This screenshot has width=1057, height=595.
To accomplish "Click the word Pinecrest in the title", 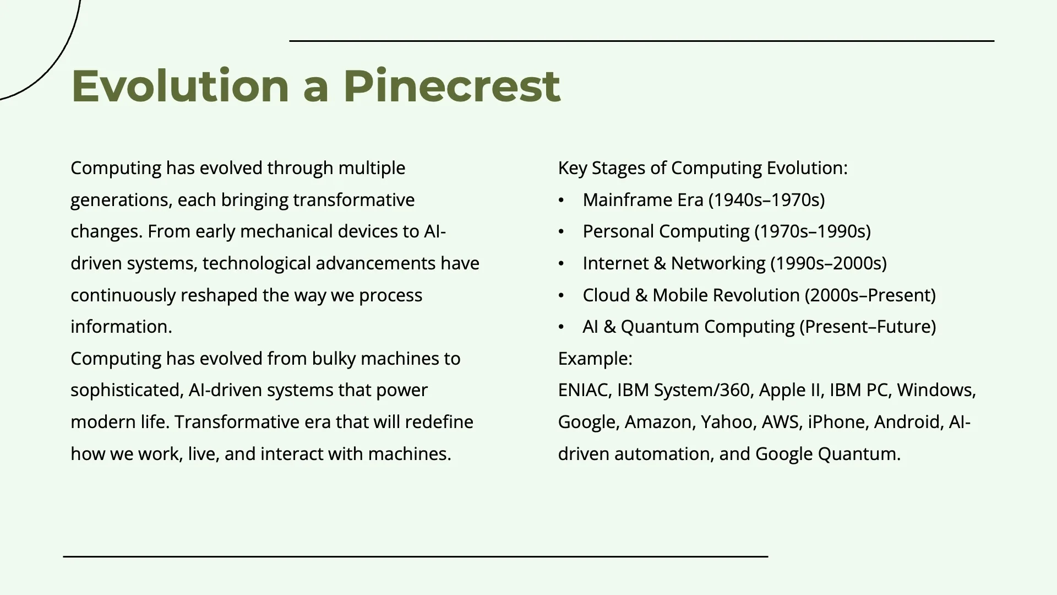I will coord(451,86).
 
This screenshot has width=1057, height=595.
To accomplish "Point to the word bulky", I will coord(334,359).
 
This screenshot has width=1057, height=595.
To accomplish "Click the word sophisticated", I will coord(126,390).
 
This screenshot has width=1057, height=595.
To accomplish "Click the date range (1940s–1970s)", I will coord(766,200).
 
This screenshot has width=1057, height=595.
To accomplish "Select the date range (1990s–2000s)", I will coord(829,263).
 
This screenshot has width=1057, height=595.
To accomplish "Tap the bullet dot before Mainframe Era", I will coord(561,201).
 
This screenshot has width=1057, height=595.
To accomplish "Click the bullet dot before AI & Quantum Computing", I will coord(561,327).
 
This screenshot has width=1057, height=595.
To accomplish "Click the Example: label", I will coord(595,359).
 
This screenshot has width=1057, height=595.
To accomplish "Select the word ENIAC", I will coord(584,390).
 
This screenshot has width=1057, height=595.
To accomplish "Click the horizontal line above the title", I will coord(641,41).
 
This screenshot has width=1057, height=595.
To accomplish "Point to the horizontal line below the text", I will coord(416,557).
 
